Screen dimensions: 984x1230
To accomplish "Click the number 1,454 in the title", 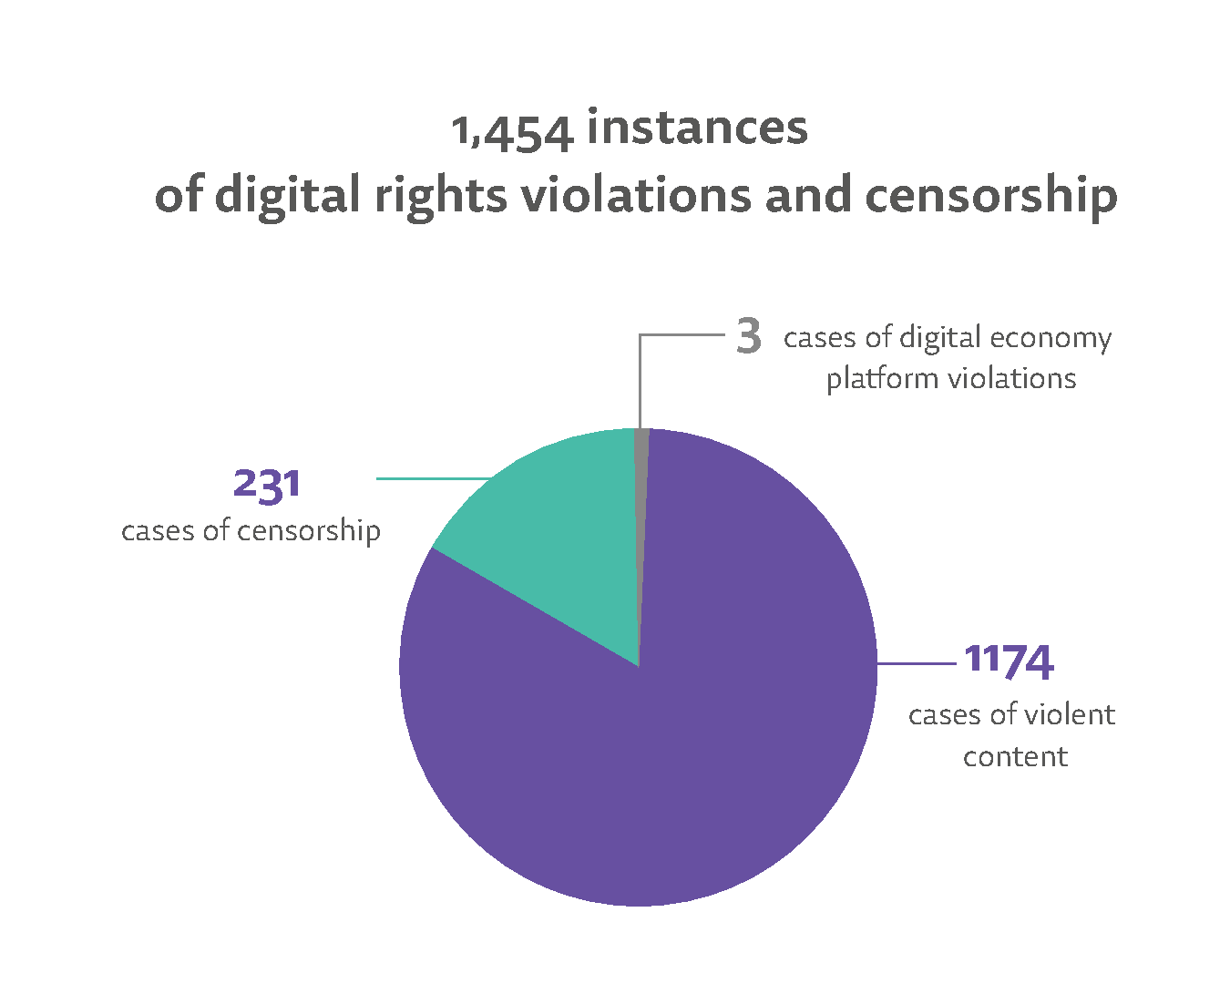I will coord(513,130).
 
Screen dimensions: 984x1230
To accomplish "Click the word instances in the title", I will coord(697,127).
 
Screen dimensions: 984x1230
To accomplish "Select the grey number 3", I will coord(748,337).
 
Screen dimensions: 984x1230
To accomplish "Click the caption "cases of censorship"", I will coord(251,530).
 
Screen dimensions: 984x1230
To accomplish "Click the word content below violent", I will coord(1015,756).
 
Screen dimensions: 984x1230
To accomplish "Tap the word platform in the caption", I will coord(873,379).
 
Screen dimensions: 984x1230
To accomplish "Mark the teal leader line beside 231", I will coord(433,478).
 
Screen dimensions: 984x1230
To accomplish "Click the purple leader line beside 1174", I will coord(916,664).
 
